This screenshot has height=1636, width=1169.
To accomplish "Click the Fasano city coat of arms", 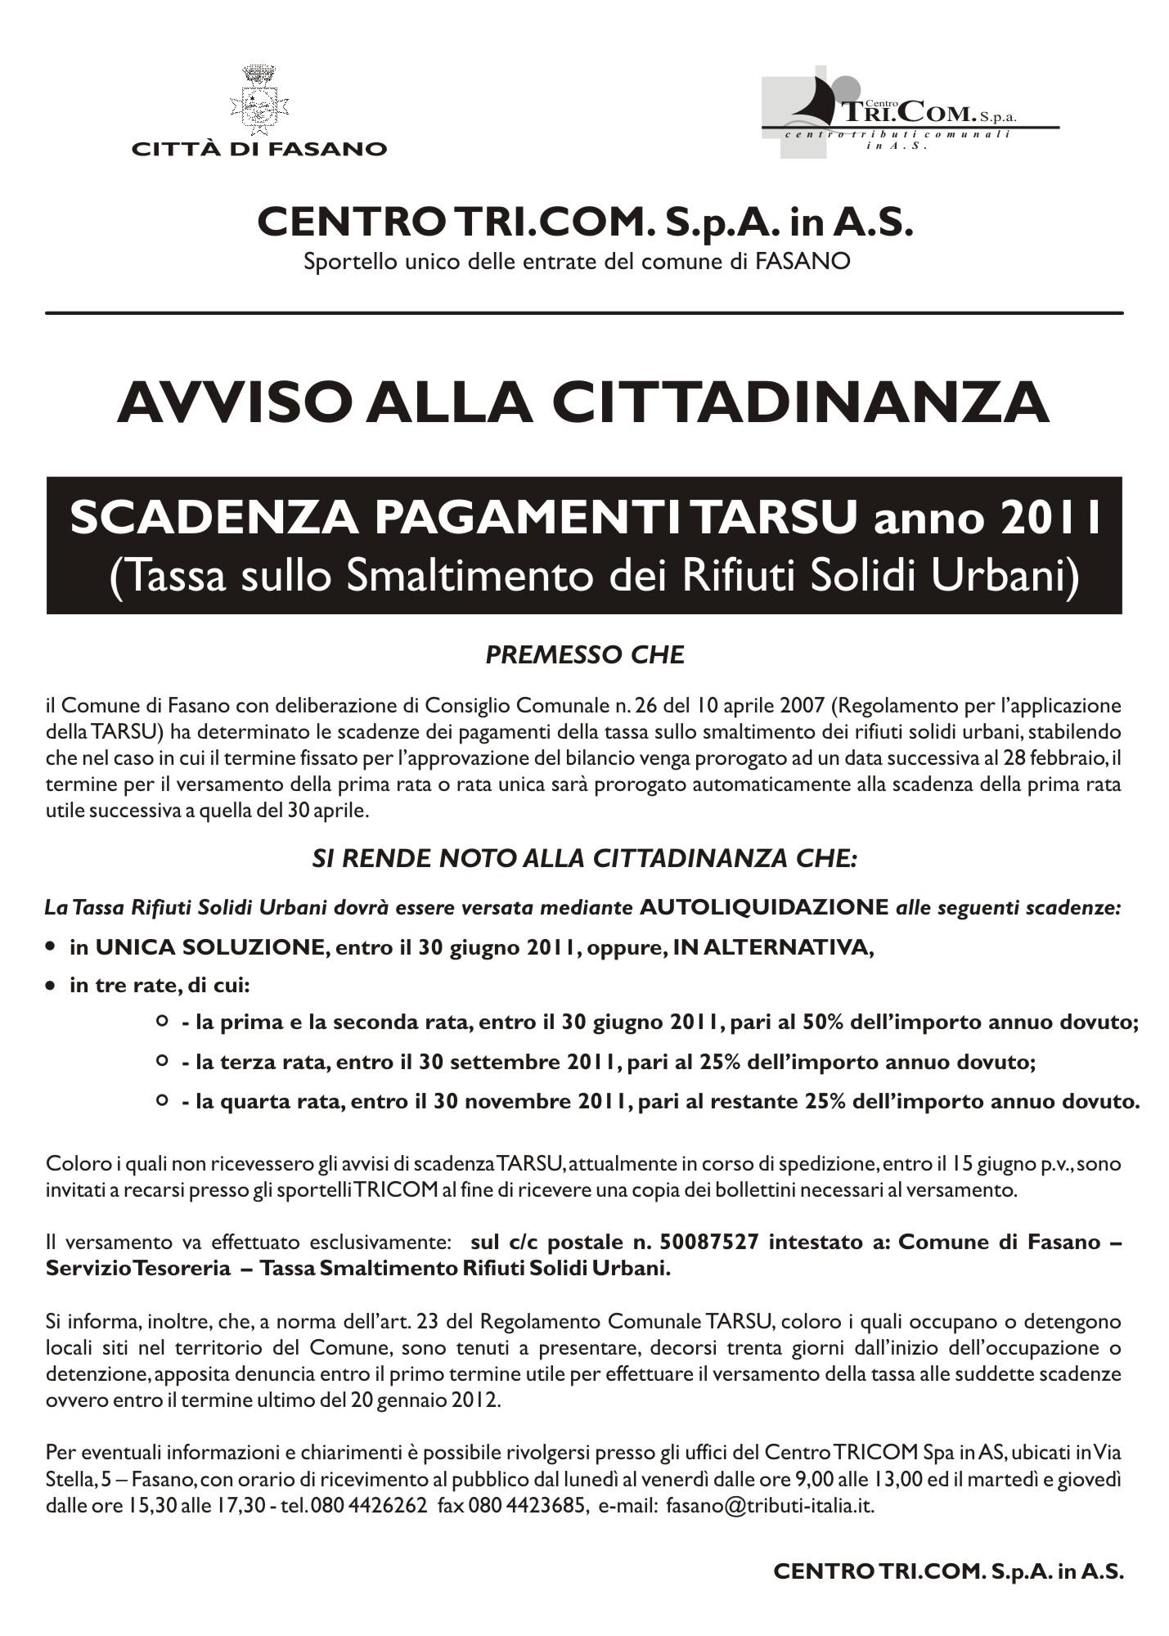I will (259, 101).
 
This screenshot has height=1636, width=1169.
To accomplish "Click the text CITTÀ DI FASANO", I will (259, 149).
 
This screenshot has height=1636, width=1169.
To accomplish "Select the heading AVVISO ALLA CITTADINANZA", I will (583, 402).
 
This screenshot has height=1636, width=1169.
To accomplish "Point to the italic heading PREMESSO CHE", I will (584, 655).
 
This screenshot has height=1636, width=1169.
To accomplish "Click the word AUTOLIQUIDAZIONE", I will (764, 907).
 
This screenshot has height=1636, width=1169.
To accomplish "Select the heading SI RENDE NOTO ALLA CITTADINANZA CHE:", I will (584, 858).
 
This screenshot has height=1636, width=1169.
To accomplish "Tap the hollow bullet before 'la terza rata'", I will (162, 1061).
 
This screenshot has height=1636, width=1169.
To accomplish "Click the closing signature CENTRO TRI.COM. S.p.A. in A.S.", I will (948, 1571).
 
